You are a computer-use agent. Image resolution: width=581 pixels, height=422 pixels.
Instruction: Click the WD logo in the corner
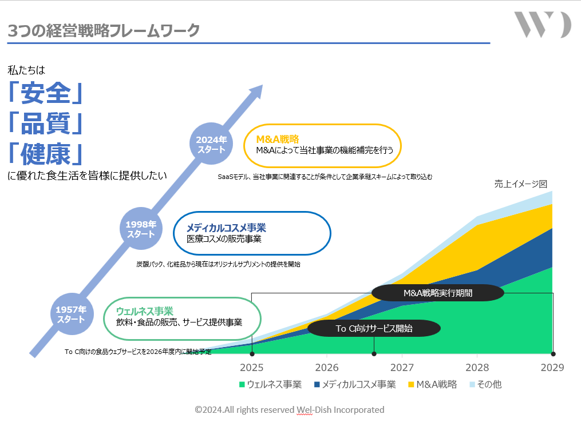coord(542,25)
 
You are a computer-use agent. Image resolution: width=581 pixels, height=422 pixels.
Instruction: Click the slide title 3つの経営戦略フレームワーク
coord(104,30)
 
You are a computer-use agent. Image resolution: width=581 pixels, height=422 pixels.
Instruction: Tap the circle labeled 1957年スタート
coord(71,314)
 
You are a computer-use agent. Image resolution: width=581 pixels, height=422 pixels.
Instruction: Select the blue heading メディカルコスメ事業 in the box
coord(226,228)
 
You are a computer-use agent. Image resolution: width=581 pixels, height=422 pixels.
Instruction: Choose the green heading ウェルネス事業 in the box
coord(144,311)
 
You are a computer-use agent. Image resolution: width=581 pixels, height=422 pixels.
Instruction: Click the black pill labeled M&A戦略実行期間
coord(438,293)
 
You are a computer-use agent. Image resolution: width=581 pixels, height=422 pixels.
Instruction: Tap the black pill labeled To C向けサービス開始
coord(374,328)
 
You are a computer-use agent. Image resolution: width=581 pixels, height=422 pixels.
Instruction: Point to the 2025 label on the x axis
coord(252,367)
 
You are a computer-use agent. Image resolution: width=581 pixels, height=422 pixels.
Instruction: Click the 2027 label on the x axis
coord(402,367)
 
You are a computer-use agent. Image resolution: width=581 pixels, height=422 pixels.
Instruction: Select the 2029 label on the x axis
coord(552,367)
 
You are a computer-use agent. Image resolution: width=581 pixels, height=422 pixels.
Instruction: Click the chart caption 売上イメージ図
coord(521,184)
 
